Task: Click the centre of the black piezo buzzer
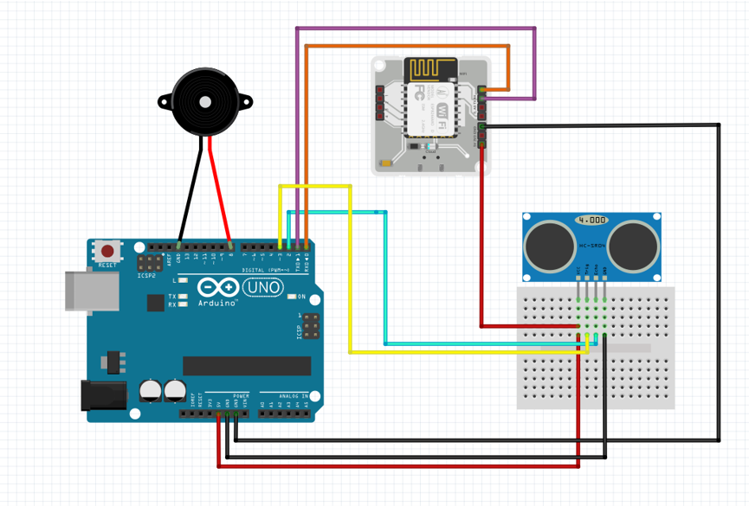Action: (x=205, y=102)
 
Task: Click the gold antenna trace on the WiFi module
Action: (x=433, y=68)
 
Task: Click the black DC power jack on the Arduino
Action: (x=102, y=394)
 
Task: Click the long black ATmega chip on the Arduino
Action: (x=246, y=365)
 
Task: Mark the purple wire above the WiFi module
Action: (x=416, y=29)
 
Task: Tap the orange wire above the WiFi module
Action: (x=407, y=46)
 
